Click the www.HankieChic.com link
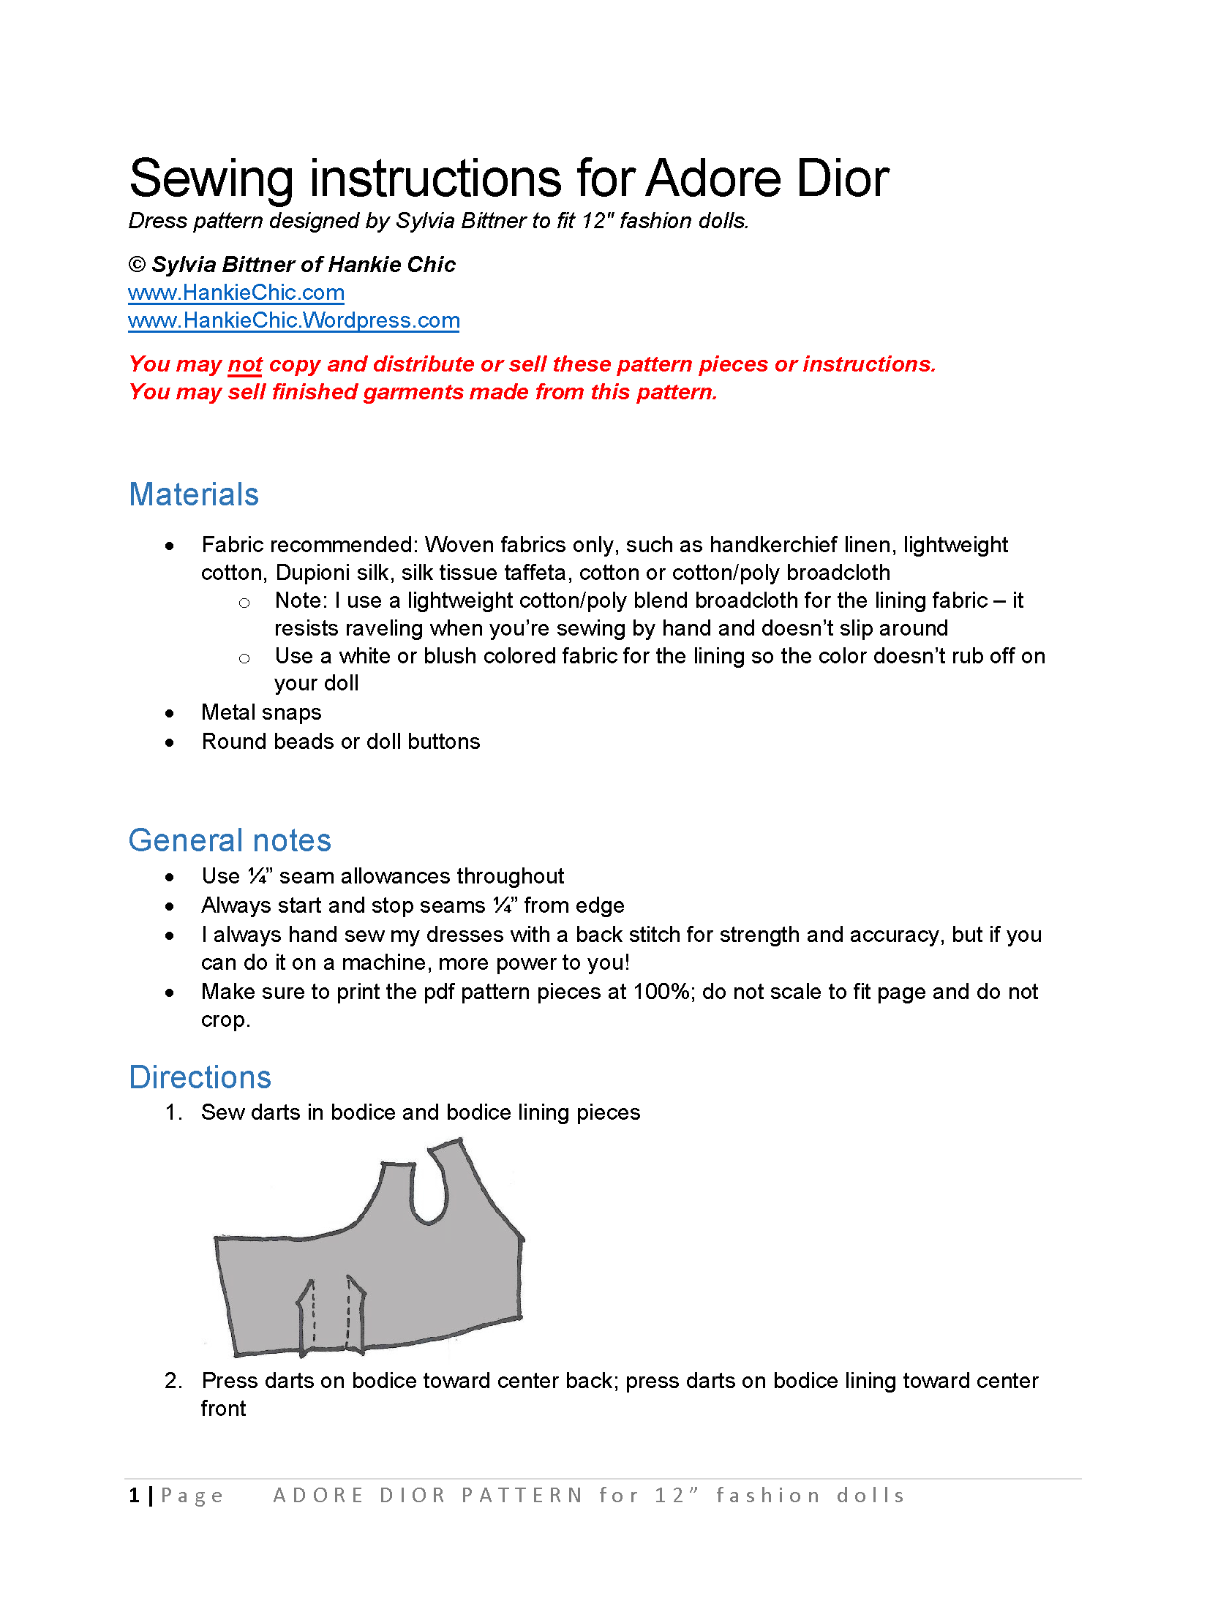236,293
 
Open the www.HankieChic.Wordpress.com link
293,320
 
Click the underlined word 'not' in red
245,364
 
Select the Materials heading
194,494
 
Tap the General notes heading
230,840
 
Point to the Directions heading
200,1077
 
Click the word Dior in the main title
842,178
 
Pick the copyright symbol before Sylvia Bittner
137,265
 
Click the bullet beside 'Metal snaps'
170,714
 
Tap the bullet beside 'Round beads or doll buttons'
170,743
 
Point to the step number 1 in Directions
173,1112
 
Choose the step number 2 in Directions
173,1381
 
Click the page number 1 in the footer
135,1496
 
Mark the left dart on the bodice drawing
307,1313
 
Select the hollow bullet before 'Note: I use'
244,603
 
